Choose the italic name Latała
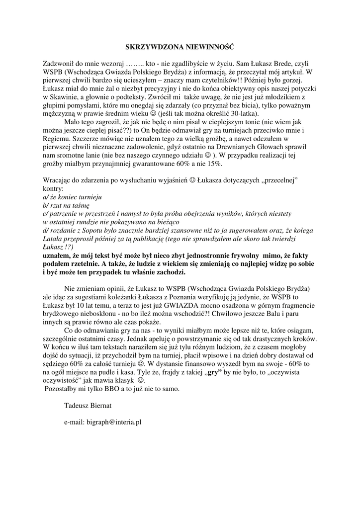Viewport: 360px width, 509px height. [x=54, y=239]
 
